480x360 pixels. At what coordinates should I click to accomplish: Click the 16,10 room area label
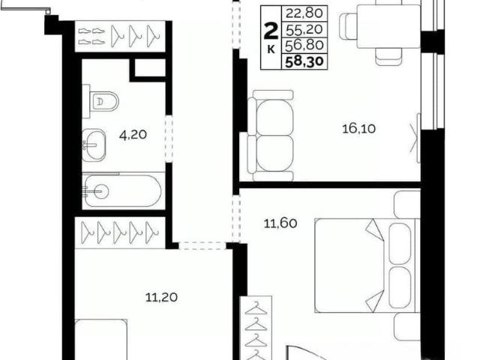(x=358, y=129)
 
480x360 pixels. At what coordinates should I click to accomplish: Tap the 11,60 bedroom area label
(x=280, y=223)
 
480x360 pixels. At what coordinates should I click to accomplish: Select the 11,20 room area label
(x=161, y=297)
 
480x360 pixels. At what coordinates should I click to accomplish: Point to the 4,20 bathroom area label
(x=133, y=135)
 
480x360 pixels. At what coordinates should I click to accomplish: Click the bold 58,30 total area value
(x=304, y=61)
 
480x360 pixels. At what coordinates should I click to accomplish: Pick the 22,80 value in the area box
(x=304, y=13)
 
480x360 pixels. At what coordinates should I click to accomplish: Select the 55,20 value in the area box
(x=304, y=29)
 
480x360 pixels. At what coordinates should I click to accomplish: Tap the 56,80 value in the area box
(x=304, y=45)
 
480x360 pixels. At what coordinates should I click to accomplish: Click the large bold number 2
(x=271, y=31)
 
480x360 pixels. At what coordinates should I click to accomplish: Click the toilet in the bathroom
(x=101, y=101)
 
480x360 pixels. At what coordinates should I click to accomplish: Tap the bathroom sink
(x=94, y=145)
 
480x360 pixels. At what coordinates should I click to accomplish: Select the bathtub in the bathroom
(x=121, y=190)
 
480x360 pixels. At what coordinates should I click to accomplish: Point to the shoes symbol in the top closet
(x=91, y=37)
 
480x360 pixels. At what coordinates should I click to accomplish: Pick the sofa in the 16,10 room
(x=270, y=135)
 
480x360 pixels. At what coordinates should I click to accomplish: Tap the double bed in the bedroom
(x=367, y=265)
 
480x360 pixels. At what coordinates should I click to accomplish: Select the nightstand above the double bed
(x=407, y=205)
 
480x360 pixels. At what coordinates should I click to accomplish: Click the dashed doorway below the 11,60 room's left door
(x=202, y=245)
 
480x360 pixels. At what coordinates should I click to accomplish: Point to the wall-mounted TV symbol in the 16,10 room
(x=415, y=138)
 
